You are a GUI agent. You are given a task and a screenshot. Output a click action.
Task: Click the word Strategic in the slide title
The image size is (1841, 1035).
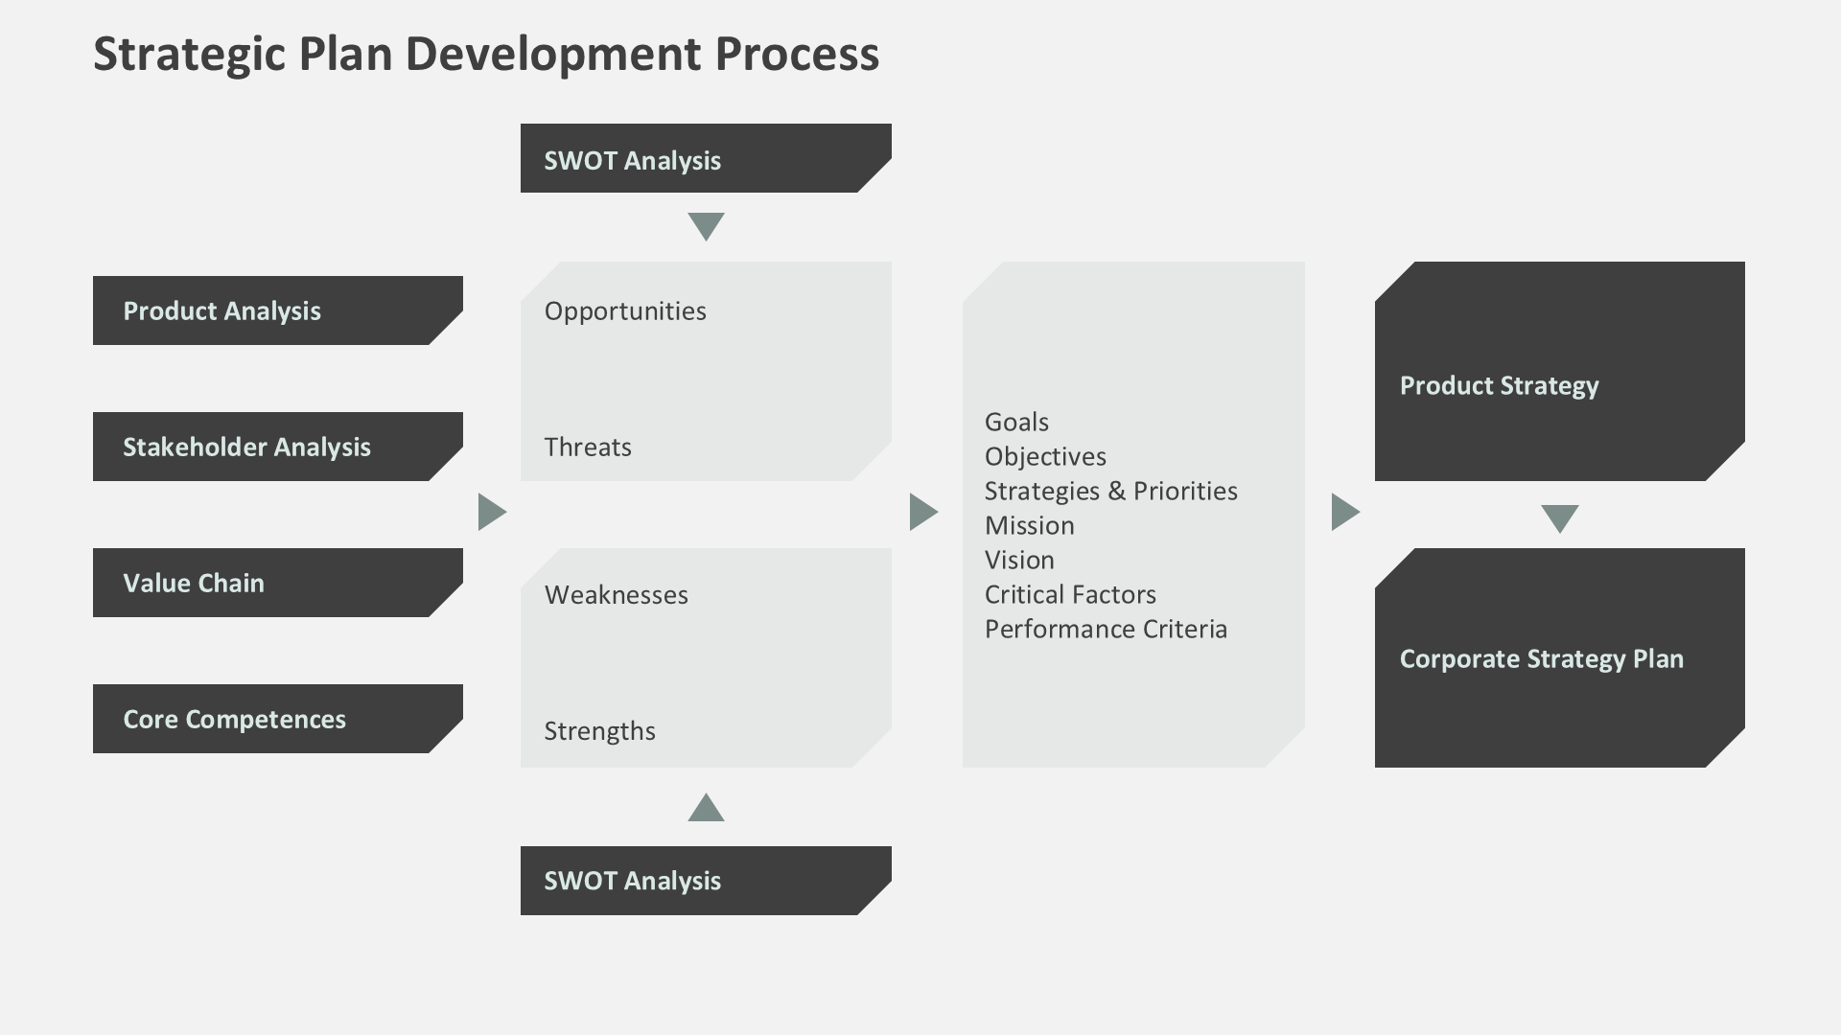point(189,55)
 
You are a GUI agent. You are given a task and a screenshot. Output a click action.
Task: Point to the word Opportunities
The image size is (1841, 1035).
point(625,311)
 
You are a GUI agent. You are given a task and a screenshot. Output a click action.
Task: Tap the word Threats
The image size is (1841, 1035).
point(588,448)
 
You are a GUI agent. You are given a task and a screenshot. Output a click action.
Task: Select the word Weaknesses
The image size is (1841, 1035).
point(617,595)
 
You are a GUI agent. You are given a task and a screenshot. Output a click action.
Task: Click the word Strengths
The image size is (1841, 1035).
point(600,731)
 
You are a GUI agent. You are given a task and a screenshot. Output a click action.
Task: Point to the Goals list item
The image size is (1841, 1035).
point(1016,423)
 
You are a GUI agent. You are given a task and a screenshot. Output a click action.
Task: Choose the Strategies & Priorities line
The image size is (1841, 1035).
point(1110,492)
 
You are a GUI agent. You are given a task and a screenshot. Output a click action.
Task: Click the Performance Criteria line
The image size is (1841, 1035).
point(1106,630)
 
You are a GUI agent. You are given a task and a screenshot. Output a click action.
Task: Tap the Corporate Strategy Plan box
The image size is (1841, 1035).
point(1559,658)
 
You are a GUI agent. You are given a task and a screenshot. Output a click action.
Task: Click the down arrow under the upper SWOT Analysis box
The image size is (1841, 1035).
point(706,225)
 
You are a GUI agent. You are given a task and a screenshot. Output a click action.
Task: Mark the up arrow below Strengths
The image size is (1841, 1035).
point(706,809)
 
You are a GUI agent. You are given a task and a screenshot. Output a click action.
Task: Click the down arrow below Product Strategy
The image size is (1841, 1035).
point(1559,517)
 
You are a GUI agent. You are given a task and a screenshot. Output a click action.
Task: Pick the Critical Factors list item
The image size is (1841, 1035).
point(1070,595)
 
